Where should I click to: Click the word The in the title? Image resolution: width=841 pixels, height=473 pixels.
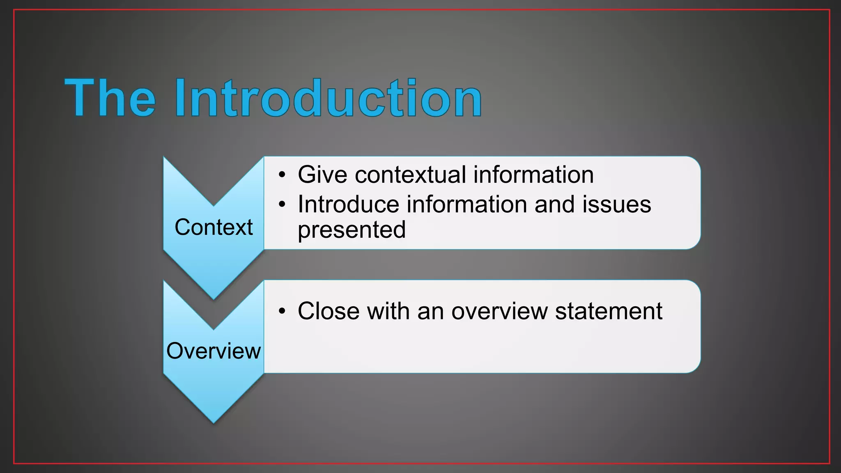[110, 99]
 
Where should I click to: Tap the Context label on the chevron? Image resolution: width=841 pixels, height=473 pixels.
[214, 227]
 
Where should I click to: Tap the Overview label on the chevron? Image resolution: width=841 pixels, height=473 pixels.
[214, 351]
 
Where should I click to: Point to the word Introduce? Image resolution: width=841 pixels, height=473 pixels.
[348, 204]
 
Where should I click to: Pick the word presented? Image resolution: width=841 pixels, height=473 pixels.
[352, 230]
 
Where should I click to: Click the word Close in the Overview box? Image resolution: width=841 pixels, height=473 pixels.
[329, 311]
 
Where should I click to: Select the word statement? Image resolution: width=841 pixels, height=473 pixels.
[609, 311]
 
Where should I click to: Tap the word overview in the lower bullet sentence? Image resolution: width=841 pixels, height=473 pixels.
[499, 311]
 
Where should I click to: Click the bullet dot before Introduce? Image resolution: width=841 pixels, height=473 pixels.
[282, 204]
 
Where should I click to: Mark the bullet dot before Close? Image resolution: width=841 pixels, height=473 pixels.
[282, 311]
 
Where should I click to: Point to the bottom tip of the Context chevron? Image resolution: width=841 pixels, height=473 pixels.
[214, 298]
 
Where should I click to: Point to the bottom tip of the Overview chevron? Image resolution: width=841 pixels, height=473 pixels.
[214, 422]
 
